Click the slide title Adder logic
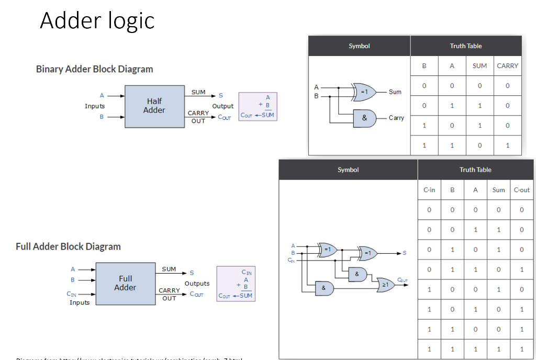coord(97,21)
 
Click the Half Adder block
coord(154,106)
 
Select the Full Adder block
coord(126,284)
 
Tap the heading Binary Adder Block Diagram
coord(94,69)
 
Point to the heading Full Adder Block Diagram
coord(68,246)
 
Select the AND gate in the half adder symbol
coord(364,118)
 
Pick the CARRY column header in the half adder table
coord(507,66)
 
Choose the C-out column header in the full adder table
coord(521,190)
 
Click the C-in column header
coord(429,190)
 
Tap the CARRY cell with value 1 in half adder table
coord(507,145)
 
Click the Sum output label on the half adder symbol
coord(395,92)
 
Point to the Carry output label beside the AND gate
coord(396,118)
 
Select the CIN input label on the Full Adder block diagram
coord(72,294)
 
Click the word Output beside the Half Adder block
coord(222,106)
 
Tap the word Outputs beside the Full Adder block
coord(197,284)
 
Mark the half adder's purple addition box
coord(258,107)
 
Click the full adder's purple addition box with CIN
coord(236,284)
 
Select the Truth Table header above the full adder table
coord(475,170)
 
